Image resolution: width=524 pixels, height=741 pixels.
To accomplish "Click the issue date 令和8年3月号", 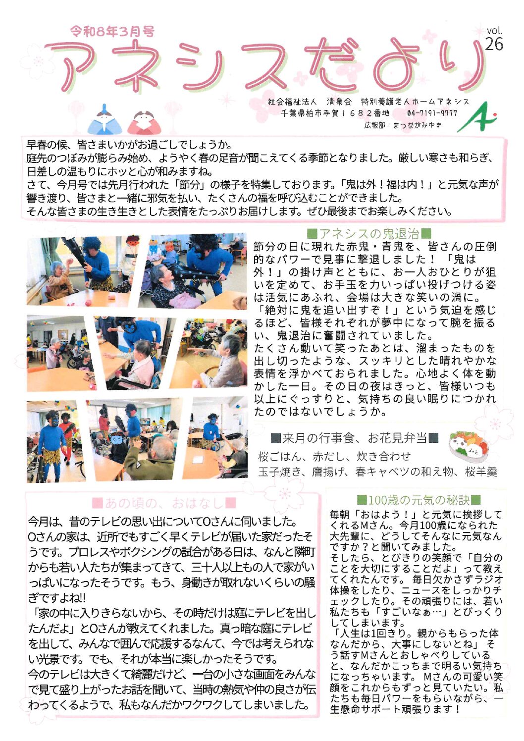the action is [x=112, y=31].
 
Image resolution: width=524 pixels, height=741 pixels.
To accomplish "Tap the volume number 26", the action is [x=494, y=44].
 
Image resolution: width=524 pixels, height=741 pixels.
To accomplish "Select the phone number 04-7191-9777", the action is [x=432, y=113].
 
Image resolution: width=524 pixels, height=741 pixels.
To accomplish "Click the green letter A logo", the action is [x=477, y=117].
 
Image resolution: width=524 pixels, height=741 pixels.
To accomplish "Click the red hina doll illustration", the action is [x=144, y=122].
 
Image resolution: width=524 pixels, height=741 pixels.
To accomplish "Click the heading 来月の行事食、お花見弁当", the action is [x=355, y=439].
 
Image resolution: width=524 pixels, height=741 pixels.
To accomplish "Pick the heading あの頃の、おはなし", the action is [x=164, y=503].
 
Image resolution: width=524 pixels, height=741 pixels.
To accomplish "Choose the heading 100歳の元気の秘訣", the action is [x=419, y=500].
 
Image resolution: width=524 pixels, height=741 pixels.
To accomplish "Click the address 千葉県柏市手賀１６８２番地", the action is [x=335, y=113].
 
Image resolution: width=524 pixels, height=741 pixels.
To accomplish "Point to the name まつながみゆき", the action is [x=418, y=125].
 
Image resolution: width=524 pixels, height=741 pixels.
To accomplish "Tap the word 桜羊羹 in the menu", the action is [x=481, y=472].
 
